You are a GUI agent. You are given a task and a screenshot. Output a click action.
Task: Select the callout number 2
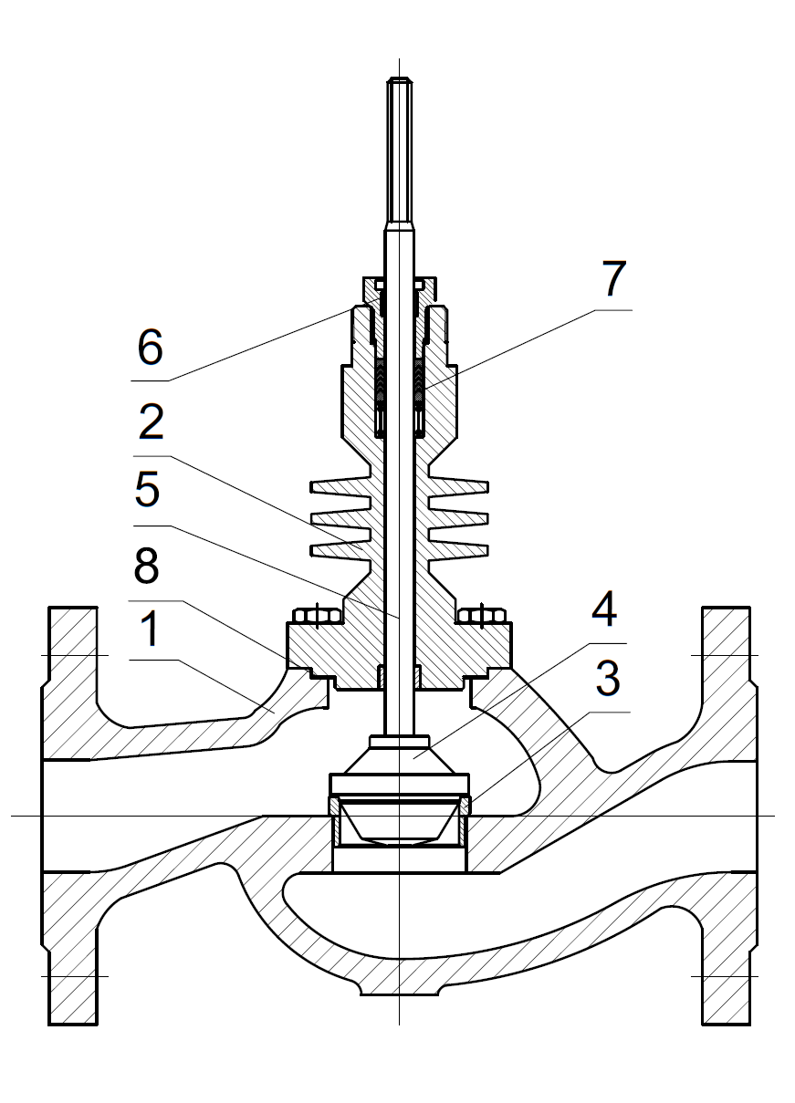152,422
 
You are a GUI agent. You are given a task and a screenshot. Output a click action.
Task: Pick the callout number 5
147,493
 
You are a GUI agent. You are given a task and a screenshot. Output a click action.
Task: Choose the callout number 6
150,348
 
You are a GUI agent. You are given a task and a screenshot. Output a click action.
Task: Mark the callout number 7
612,280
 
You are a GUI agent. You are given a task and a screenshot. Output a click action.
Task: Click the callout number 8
146,567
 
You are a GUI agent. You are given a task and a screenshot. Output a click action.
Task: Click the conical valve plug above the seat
400,756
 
